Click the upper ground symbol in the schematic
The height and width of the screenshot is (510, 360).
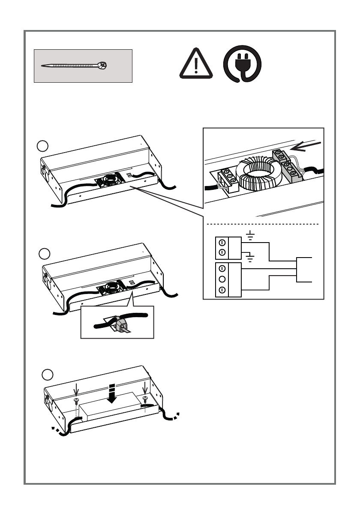coord(251,235)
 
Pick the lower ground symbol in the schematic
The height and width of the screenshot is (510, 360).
coord(251,258)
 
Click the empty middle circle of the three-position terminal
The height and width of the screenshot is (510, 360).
coord(222,279)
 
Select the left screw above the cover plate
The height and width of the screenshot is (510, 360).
coord(77,401)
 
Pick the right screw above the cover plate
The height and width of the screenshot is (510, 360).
coord(145,399)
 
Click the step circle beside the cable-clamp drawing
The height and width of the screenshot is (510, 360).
coord(45,254)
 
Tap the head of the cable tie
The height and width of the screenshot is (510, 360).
coord(102,66)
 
